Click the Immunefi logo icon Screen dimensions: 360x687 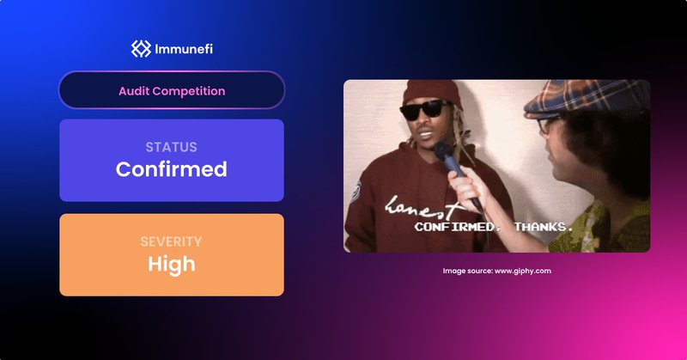(141, 49)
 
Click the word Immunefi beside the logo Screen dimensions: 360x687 (183, 49)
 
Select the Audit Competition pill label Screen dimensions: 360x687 (172, 90)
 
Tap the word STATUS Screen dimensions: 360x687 (171, 147)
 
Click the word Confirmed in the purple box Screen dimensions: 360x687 (171, 169)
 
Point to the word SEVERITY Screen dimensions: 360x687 (171, 241)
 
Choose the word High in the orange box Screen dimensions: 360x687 (171, 264)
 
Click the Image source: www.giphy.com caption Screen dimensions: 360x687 (496, 271)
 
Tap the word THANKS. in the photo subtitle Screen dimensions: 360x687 (543, 227)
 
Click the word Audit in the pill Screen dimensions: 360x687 (133, 90)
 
